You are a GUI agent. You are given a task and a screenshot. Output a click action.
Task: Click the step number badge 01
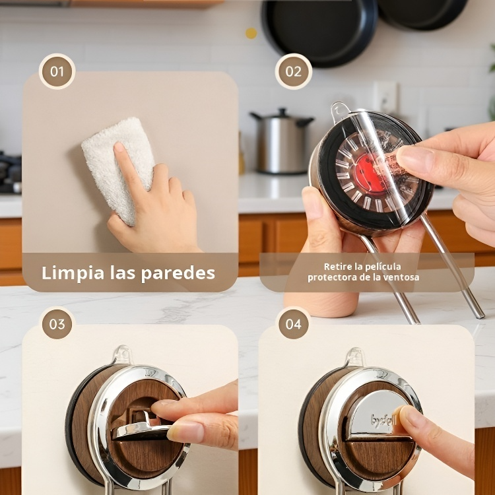click(57, 71)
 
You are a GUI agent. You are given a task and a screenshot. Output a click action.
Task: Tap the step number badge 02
click(294, 71)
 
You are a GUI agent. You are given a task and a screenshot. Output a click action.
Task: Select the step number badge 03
click(57, 324)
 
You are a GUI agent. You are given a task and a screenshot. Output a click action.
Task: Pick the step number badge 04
click(294, 324)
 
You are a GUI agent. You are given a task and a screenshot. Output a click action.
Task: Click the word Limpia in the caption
click(73, 273)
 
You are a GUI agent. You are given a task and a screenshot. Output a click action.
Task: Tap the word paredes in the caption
click(178, 273)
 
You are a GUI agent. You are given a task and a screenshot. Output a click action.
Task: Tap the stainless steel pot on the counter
click(282, 141)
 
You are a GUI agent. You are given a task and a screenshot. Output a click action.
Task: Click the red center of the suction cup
click(370, 173)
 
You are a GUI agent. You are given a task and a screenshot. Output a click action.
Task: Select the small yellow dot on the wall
click(251, 33)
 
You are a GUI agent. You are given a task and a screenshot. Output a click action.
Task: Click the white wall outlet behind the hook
click(385, 98)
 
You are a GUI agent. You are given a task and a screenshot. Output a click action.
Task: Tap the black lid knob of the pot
click(282, 112)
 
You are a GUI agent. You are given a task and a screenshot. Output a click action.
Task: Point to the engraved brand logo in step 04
click(383, 420)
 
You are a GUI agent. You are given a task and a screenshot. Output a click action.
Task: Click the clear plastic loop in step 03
click(123, 355)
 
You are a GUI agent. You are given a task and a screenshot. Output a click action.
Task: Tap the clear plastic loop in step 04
click(355, 357)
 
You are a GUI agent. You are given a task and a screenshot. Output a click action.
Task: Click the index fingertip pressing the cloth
click(119, 148)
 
